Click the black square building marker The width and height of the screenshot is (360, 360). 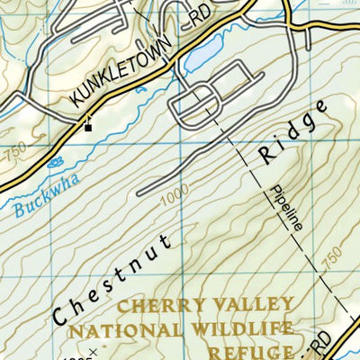coord(88,127)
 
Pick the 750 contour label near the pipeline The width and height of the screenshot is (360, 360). coord(328,258)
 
